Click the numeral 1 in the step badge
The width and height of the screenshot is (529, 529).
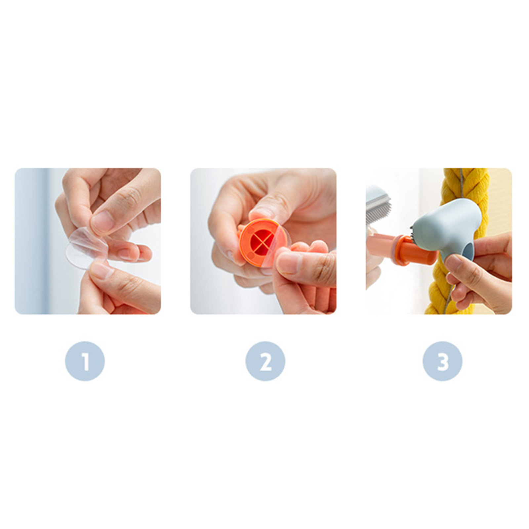(85, 361)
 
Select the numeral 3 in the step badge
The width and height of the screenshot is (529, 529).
(443, 361)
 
